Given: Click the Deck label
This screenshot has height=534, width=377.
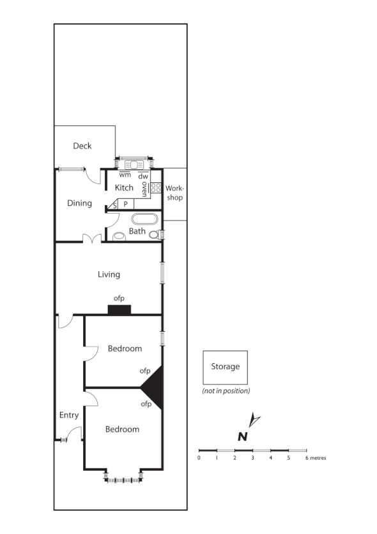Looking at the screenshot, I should (82, 146).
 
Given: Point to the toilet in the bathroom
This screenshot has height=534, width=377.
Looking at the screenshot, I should (118, 237).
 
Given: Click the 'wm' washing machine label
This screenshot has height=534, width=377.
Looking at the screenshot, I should (125, 175).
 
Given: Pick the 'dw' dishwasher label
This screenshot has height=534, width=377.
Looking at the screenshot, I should (143, 176).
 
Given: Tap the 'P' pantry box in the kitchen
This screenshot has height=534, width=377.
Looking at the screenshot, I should (126, 204).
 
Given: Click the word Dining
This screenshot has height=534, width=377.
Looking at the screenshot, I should (80, 203).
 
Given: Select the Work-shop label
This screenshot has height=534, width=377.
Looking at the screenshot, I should (174, 193).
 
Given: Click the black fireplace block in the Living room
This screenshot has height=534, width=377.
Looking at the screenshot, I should (119, 310).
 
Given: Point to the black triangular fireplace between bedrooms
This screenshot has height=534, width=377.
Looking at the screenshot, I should (155, 388).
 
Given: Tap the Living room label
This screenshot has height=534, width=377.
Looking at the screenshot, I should (109, 274).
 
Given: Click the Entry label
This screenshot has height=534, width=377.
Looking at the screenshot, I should (69, 415).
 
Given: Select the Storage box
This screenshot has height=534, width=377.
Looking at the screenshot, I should (225, 367).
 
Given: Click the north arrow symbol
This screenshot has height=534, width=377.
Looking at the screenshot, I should (255, 421).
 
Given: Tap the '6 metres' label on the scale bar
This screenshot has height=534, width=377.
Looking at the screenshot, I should (315, 458).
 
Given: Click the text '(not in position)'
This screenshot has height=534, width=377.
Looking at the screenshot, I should (226, 391).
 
